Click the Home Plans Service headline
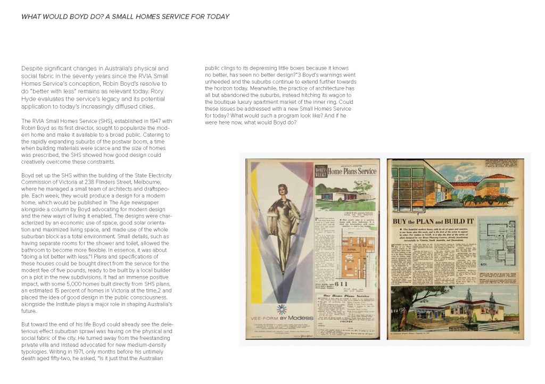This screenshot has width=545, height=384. pos(351,171)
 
